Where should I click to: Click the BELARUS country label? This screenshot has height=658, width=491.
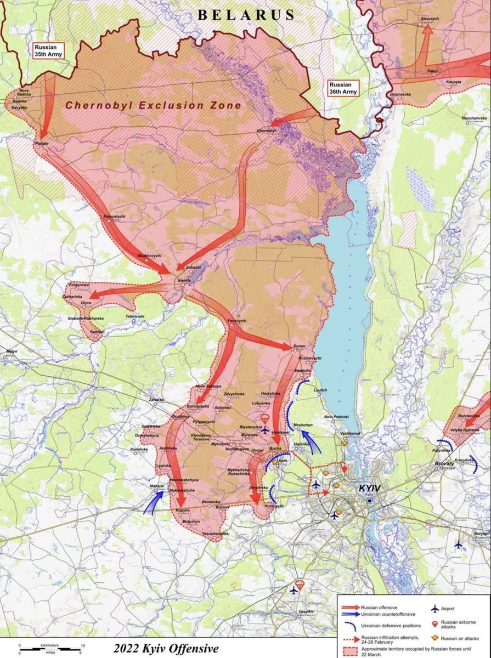pyautogui.click(x=246, y=15)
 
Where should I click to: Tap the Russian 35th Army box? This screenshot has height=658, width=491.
pyautogui.click(x=49, y=50)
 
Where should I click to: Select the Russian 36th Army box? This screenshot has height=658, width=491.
pyautogui.click(x=343, y=88)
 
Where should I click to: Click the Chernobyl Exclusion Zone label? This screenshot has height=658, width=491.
pyautogui.click(x=153, y=105)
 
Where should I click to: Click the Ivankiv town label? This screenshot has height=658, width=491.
pyautogui.click(x=184, y=280)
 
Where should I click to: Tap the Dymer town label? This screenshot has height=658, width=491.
pyautogui.click(x=300, y=347)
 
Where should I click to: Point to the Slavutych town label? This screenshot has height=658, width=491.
pyautogui.click(x=430, y=19)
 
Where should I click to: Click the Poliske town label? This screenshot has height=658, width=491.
pyautogui.click(x=42, y=143)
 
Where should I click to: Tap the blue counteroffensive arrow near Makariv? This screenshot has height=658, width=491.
pyautogui.click(x=153, y=502)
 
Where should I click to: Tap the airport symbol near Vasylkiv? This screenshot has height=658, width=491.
pyautogui.click(x=294, y=591)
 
